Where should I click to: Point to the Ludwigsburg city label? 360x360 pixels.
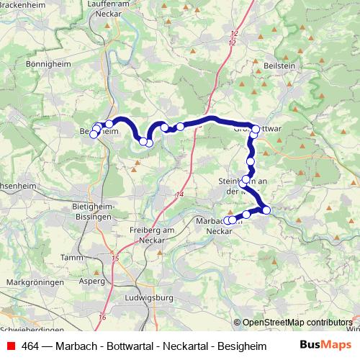(149, 297)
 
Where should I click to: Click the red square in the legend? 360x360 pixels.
(9, 346)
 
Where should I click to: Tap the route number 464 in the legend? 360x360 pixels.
(30, 346)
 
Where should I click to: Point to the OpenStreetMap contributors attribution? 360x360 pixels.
(297, 323)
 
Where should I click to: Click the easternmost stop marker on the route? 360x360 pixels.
(266, 210)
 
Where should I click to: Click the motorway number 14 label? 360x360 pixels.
(179, 196)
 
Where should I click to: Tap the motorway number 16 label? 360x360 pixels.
(102, 318)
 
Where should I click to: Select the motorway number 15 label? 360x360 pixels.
(114, 256)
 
